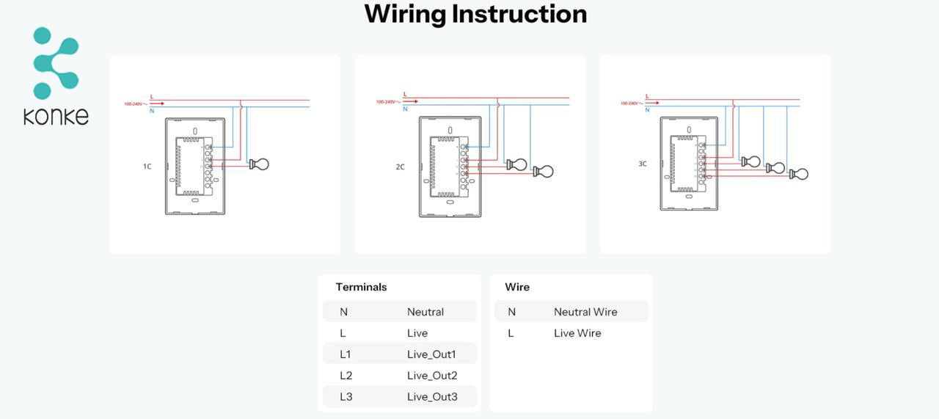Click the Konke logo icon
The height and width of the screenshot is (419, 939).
tap(55, 63)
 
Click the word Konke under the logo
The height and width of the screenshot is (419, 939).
tap(56, 116)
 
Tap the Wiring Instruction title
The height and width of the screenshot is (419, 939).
tap(475, 14)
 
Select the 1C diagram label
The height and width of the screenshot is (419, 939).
tap(147, 167)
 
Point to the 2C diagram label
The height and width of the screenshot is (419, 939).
tap(400, 167)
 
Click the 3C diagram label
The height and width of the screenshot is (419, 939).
tap(643, 164)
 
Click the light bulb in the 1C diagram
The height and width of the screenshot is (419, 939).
tap(259, 164)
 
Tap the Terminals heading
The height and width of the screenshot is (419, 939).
tap(361, 287)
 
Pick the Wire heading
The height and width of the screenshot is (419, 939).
tap(517, 287)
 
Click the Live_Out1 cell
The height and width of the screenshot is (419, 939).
tap(431, 354)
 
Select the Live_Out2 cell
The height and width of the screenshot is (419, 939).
tap(432, 376)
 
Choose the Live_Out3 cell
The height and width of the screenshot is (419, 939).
tap(432, 397)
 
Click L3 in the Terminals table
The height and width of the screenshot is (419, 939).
tap(346, 397)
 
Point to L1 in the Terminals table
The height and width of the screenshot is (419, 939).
tap(346, 354)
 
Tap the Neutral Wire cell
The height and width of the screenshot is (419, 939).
tap(585, 312)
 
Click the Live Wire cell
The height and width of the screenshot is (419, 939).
tap(577, 333)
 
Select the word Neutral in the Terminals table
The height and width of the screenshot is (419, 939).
tap(425, 312)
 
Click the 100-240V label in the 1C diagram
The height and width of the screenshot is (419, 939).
tap(134, 104)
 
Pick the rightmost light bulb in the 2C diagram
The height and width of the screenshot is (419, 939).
tap(544, 172)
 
